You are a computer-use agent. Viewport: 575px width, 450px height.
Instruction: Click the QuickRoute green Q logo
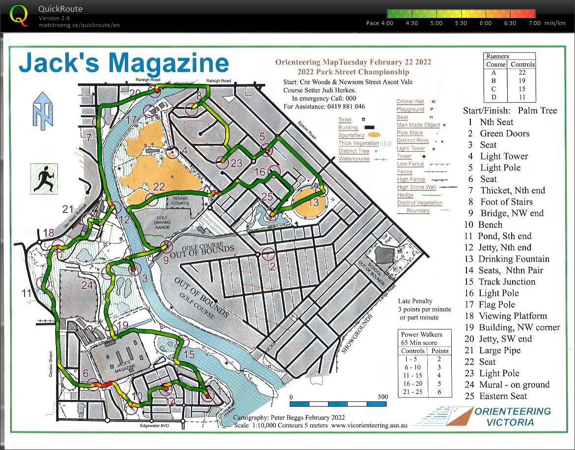click(19, 16)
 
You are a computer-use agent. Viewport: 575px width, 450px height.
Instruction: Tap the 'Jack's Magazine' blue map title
click(124, 64)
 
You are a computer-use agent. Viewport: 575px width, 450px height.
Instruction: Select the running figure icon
click(43, 178)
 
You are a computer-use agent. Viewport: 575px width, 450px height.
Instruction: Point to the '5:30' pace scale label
click(461, 23)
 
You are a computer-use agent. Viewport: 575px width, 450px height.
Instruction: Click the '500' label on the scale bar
click(383, 397)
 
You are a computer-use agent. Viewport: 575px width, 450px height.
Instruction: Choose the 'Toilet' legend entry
click(345, 120)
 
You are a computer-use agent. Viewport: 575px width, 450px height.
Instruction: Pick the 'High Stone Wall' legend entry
click(416, 187)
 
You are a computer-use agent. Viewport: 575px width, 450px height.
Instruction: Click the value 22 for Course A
click(522, 72)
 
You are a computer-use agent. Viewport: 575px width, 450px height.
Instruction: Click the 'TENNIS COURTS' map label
click(180, 201)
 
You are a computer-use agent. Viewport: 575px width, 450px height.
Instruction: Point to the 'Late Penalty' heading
click(415, 301)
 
